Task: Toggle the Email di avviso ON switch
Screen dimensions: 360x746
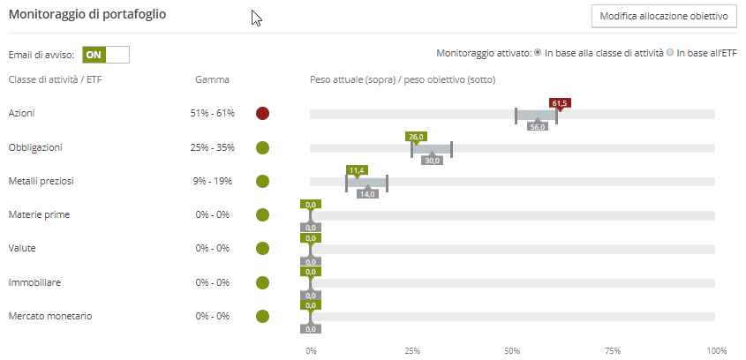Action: pyautogui.click(x=105, y=54)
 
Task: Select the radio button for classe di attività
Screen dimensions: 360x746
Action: pyautogui.click(x=538, y=54)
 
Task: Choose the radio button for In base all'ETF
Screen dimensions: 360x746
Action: pyautogui.click(x=670, y=54)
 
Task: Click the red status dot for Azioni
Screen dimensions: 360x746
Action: pyautogui.click(x=262, y=114)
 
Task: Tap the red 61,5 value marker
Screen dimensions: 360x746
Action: pyautogui.click(x=559, y=103)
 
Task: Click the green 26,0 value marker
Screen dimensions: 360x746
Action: pyautogui.click(x=416, y=137)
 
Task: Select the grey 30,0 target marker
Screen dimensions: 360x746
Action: pyautogui.click(x=432, y=161)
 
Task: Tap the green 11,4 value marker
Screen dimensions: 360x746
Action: pyautogui.click(x=357, y=170)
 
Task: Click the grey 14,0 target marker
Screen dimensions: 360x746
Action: pyautogui.click(x=367, y=194)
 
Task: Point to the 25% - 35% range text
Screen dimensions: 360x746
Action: pyautogui.click(x=212, y=147)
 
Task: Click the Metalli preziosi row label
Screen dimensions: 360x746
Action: pyautogui.click(x=41, y=181)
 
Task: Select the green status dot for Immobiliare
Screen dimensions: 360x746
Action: pyautogui.click(x=262, y=282)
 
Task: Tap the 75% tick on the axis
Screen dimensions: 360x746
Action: pyautogui.click(x=614, y=350)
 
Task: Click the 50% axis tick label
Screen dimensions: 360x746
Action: pyautogui.click(x=512, y=350)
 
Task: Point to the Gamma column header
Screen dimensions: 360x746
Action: pyautogui.click(x=212, y=79)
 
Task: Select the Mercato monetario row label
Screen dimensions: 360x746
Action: pyautogui.click(x=49, y=316)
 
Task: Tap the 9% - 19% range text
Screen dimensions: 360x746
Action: pyautogui.click(x=212, y=181)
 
